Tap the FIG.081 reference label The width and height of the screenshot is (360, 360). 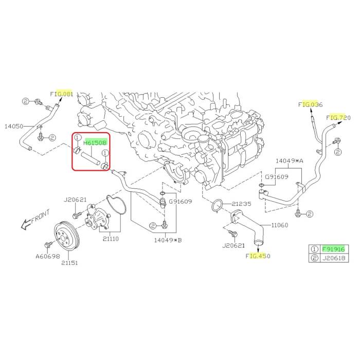62,94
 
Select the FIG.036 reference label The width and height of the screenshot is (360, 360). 310,105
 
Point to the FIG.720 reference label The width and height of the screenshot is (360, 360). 339,118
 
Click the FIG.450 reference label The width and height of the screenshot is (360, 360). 258,256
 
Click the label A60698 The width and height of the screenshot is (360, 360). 47,255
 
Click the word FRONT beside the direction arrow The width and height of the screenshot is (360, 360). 41,217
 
